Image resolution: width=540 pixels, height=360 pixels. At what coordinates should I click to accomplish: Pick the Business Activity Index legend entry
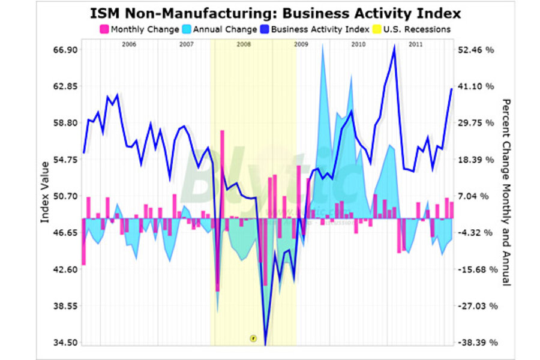point(317,28)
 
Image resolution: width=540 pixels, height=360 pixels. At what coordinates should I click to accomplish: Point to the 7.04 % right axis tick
point(477,196)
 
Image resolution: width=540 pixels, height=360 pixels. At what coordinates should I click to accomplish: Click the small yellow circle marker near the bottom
point(253,338)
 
